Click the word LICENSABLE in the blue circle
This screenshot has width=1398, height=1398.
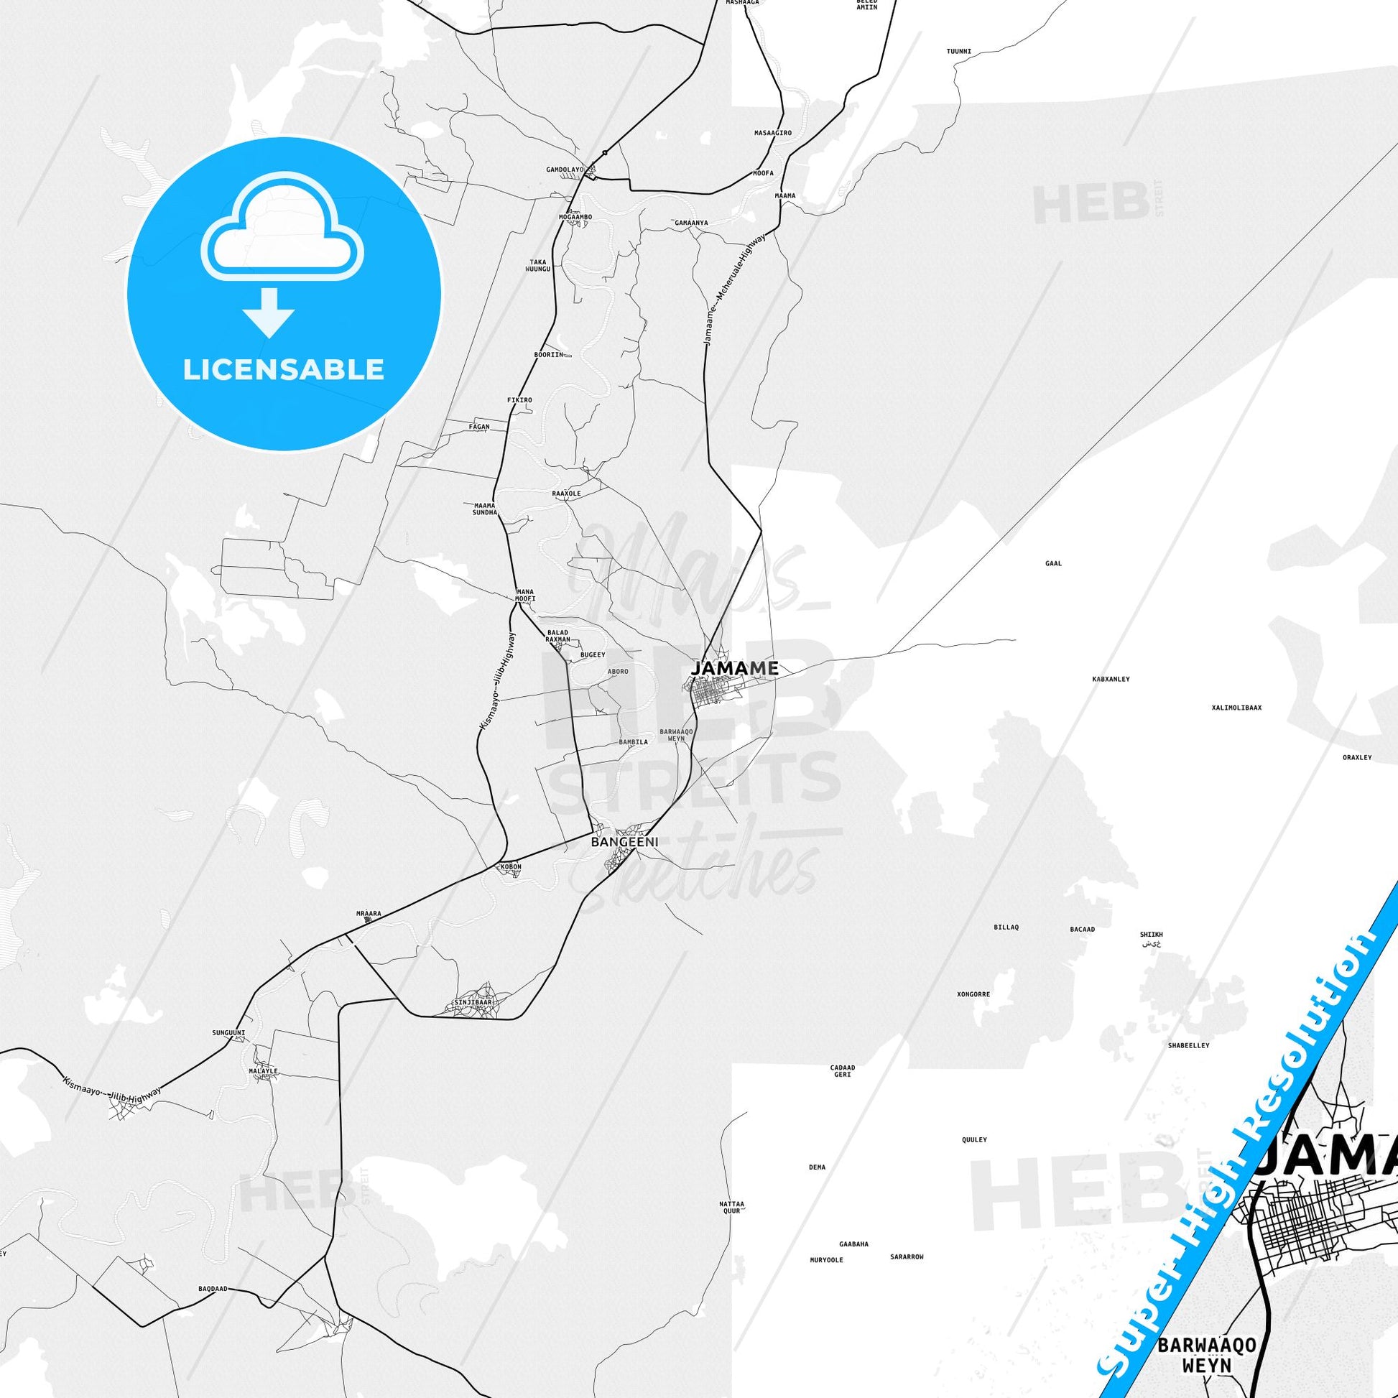click(283, 370)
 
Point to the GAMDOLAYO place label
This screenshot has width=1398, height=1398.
click(565, 170)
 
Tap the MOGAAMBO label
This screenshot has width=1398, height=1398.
click(575, 216)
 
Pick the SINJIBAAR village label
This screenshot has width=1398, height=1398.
click(471, 1003)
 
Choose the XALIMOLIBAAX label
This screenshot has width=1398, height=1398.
click(1236, 708)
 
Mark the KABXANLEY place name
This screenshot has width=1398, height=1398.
click(1111, 680)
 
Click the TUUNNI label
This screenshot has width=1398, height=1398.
click(959, 52)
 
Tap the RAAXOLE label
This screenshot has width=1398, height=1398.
click(566, 494)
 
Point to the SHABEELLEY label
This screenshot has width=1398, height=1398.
click(1188, 1045)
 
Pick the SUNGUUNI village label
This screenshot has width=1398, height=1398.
click(228, 1032)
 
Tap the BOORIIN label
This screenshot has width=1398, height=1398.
click(547, 356)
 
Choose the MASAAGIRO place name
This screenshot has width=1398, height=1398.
click(773, 134)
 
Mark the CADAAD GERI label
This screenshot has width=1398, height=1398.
click(842, 1091)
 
